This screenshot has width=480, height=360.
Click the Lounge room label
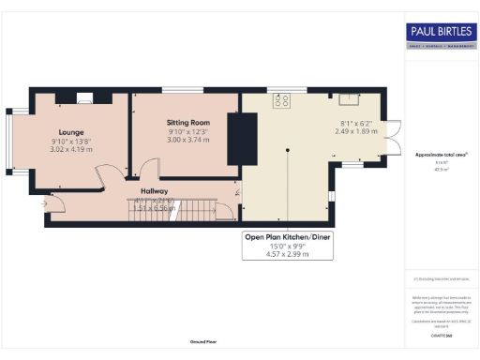coord(71,132)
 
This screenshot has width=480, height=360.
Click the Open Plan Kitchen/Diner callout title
coord(287,237)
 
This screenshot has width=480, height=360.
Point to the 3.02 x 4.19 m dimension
coord(71,149)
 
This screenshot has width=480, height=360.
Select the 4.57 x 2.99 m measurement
coord(287,254)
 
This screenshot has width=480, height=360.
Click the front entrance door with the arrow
coord(47,202)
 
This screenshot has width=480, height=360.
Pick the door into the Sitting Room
coord(142,171)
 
